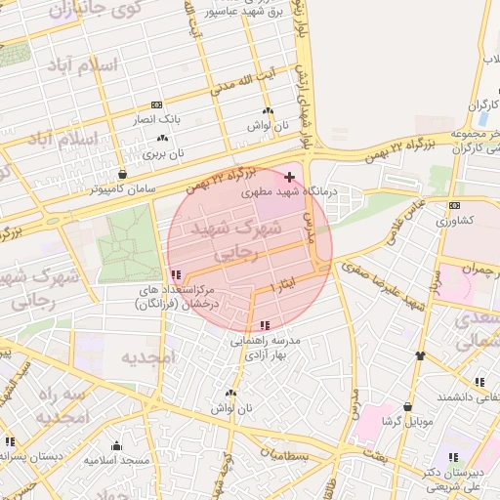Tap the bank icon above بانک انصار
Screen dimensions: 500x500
157,104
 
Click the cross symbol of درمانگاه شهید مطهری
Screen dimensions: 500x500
288,177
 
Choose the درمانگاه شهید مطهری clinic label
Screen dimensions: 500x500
289,192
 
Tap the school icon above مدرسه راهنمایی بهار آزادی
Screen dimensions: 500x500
266,325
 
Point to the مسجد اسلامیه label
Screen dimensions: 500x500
116,459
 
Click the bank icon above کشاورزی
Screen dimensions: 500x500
454,205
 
